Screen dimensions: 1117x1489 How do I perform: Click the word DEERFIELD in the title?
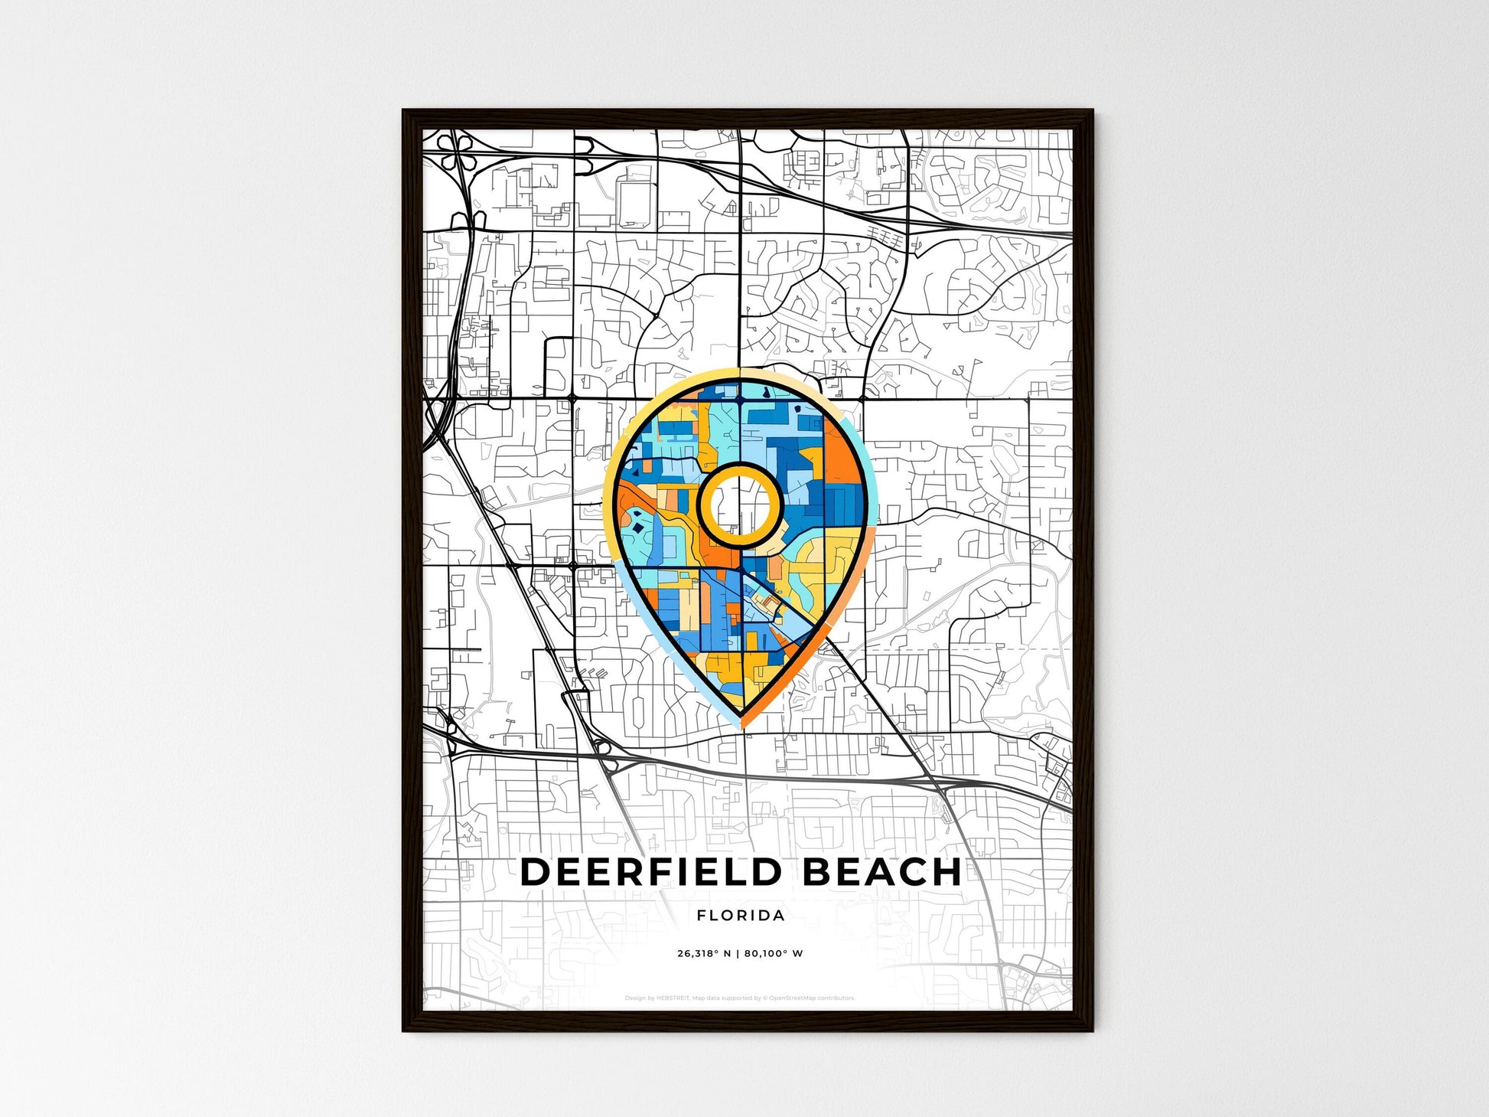point(651,873)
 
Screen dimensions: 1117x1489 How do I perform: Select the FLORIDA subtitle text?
point(741,916)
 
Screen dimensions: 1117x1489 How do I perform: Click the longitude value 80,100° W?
point(774,954)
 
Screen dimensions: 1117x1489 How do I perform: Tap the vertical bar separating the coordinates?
point(738,954)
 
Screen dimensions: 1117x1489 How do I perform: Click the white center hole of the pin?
point(739,505)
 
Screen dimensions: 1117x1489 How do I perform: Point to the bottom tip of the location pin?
point(741,724)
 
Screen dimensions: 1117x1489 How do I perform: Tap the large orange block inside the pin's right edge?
point(839,463)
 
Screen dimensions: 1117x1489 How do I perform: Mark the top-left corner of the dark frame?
point(405,112)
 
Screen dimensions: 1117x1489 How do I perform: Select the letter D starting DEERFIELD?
point(535,873)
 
